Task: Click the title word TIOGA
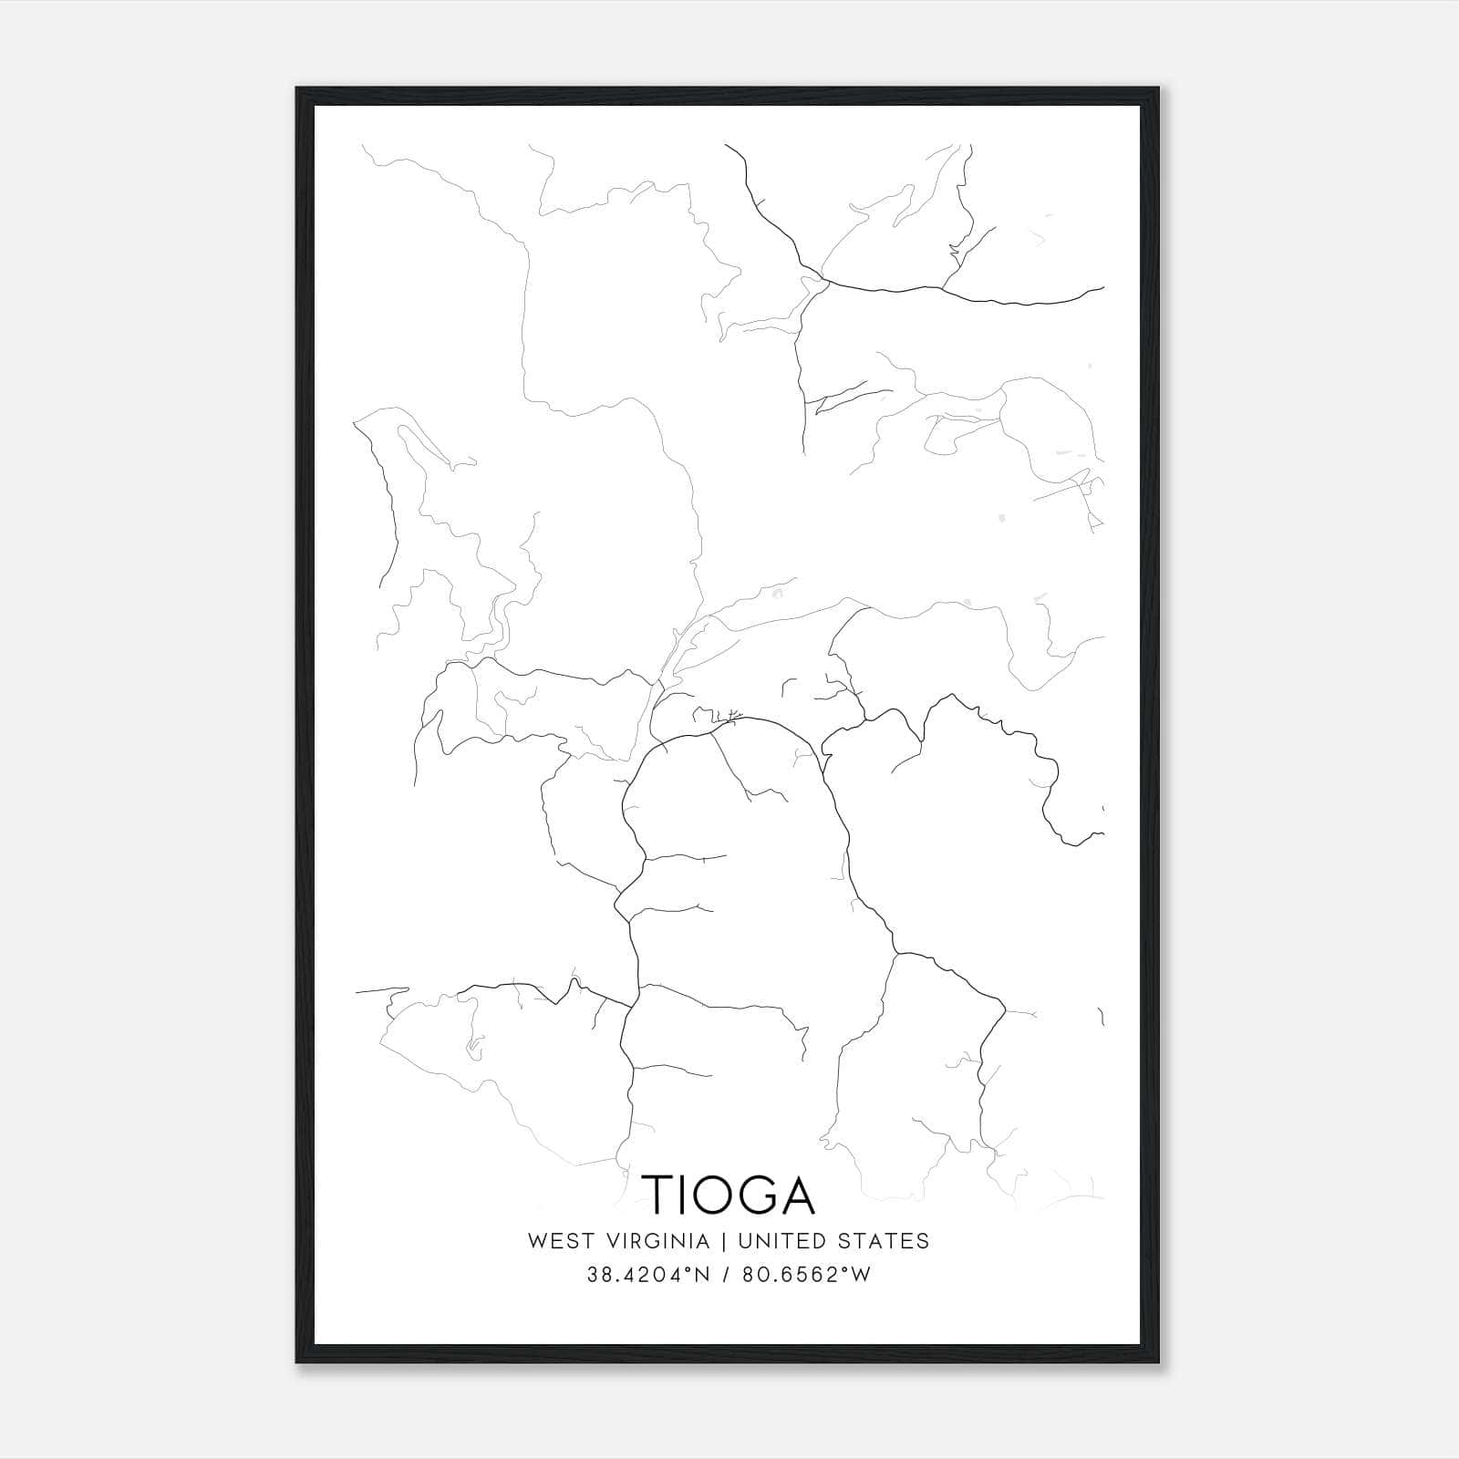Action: [x=729, y=1194]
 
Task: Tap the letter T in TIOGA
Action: [x=662, y=1194]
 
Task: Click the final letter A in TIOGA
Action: [x=799, y=1194]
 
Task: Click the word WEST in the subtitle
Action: [x=559, y=1241]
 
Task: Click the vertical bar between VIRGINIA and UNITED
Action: [x=724, y=1241]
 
